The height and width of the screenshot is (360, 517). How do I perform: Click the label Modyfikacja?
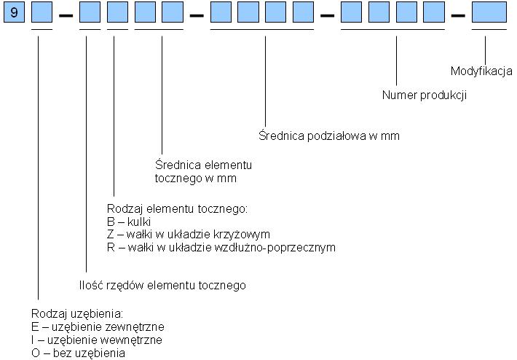[x=481, y=71]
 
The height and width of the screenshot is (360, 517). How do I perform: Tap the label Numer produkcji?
[x=424, y=95]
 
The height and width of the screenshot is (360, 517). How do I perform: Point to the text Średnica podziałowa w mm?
[x=328, y=136]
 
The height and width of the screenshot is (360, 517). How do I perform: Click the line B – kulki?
[x=129, y=222]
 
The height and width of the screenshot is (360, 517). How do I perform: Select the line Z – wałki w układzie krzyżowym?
[x=188, y=235]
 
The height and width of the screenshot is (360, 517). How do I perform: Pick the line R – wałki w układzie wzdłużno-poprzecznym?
[x=221, y=248]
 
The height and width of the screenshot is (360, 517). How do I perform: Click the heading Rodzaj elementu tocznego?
[x=178, y=209]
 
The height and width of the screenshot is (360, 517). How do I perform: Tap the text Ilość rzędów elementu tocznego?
[x=162, y=286]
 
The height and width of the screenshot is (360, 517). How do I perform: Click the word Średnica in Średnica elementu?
[x=177, y=165]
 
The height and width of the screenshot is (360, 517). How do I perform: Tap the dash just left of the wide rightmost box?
[x=458, y=14]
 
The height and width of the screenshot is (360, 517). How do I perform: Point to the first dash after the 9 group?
[x=66, y=14]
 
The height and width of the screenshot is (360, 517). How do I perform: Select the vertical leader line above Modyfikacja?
[x=484, y=47]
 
